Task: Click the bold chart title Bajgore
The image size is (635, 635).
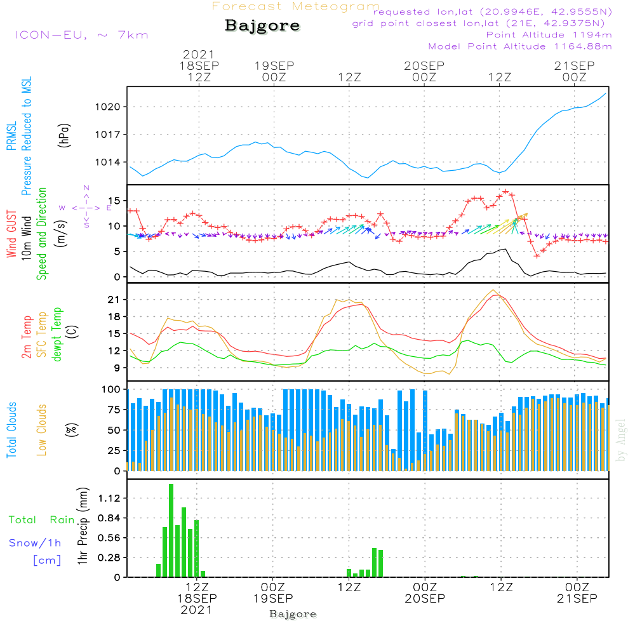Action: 262,26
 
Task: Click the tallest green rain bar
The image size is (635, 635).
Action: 171,530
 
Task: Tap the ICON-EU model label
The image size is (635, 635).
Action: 81,35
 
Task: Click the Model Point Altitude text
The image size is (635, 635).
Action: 519,46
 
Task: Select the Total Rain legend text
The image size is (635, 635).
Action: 41,520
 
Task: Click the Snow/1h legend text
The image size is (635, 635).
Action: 36,543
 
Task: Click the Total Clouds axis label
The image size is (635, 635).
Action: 11,430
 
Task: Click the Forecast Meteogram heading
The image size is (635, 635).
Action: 296,6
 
